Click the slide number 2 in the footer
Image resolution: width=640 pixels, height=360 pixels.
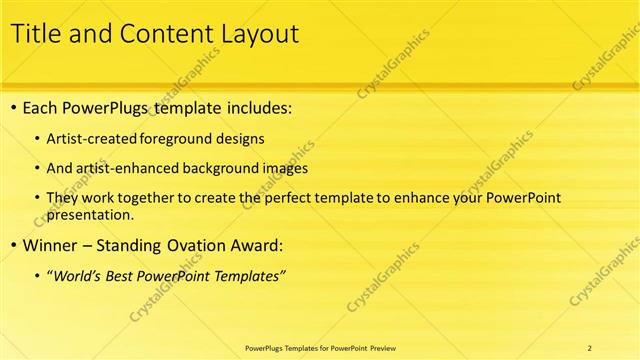click(590, 347)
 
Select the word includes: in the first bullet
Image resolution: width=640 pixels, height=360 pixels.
click(258, 108)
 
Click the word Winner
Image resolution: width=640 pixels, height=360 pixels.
click(50, 245)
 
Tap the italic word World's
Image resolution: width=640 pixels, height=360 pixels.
click(78, 275)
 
